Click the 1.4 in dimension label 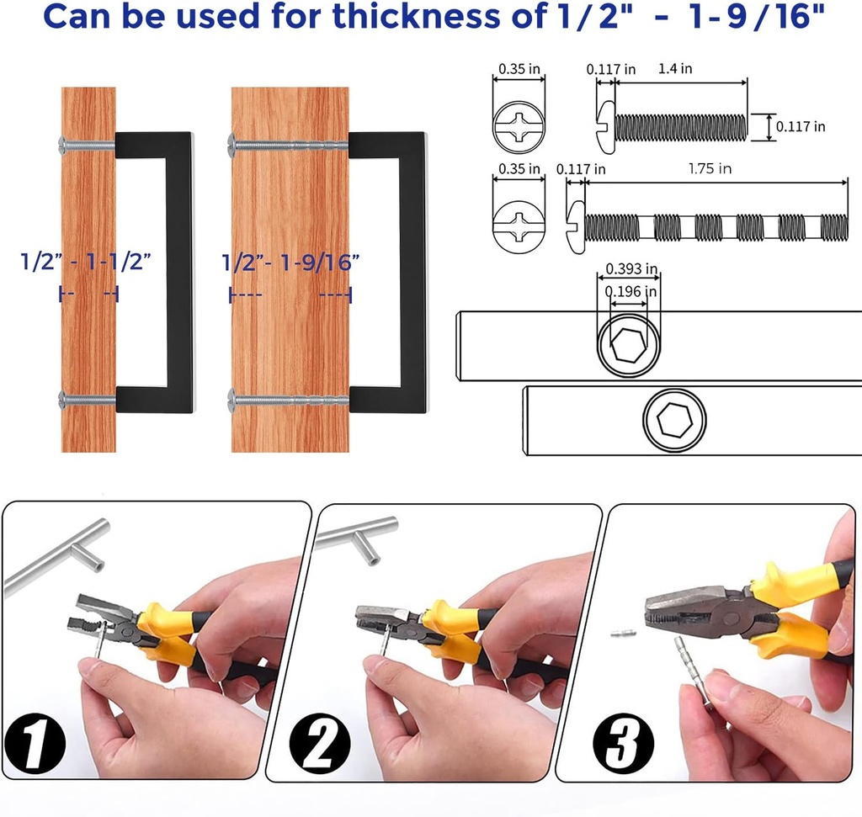point(675,69)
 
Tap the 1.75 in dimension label point(710,168)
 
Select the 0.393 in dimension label point(631,268)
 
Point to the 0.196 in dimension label point(631,291)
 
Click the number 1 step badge point(35,744)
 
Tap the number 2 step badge point(320,744)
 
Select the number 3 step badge point(624,744)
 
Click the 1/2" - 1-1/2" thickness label point(85,262)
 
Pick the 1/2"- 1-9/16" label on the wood point(290,263)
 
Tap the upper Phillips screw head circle point(519,127)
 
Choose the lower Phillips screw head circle point(519,226)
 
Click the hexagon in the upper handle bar point(628,346)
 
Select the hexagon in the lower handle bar point(674,421)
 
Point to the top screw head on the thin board point(61,145)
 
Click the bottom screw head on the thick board point(231,400)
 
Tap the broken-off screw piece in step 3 point(624,634)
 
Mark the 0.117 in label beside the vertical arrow point(801,127)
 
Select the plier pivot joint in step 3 point(732,618)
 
